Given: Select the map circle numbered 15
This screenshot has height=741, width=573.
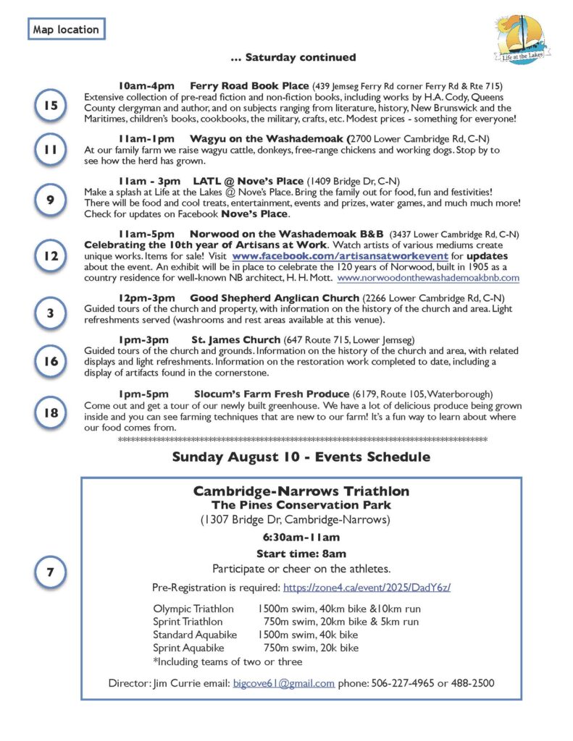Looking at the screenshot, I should click(50, 106).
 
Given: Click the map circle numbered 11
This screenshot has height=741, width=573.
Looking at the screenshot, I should click(50, 150).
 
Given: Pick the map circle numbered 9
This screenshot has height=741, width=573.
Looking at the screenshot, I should click(50, 200).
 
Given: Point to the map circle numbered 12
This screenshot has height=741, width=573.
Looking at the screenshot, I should click(50, 256).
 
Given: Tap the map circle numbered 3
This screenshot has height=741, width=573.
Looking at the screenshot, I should click(50, 313).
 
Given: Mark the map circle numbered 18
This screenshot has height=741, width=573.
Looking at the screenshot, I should click(50, 412).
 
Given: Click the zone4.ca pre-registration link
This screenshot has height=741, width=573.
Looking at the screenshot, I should click(367, 587).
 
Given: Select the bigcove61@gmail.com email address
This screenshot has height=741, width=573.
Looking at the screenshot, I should click(284, 683).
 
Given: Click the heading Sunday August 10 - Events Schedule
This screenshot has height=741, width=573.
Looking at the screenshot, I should click(301, 457).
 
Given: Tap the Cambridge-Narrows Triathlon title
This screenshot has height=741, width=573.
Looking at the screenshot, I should click(301, 491).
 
